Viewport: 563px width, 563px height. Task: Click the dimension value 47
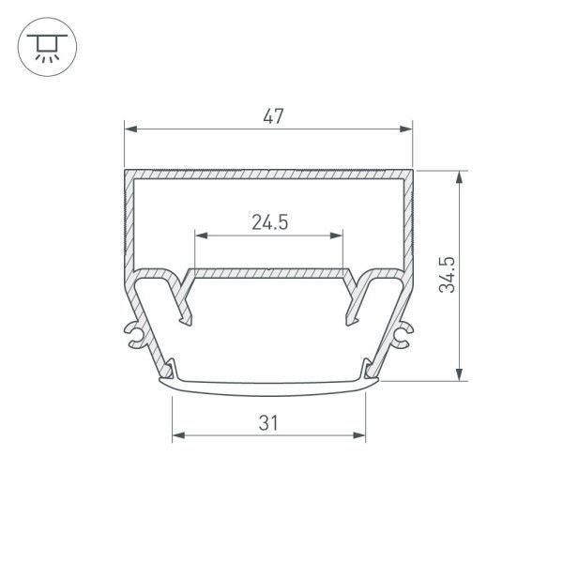click(x=273, y=116)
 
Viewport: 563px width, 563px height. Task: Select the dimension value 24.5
click(x=269, y=222)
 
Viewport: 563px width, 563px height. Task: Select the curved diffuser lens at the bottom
click(x=269, y=383)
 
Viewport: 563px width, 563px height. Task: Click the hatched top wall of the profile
click(x=269, y=175)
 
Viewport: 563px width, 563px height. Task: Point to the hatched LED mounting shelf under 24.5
click(x=269, y=273)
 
